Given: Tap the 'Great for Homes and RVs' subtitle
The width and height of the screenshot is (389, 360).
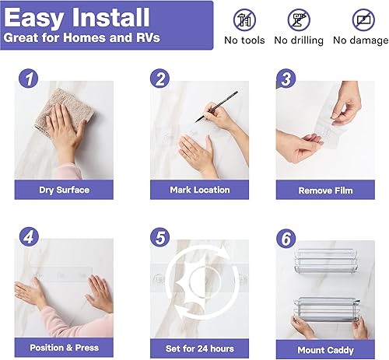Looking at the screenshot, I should (x=82, y=37).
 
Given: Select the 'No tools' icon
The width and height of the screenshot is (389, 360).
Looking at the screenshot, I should (x=244, y=19).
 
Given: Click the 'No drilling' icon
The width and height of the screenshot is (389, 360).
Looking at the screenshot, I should (x=299, y=19).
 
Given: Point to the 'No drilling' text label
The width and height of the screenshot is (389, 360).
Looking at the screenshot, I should (x=299, y=40).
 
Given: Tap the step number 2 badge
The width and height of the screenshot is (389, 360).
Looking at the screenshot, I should (x=160, y=79).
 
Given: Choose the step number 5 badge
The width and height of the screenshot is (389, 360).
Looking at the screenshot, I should (x=160, y=236).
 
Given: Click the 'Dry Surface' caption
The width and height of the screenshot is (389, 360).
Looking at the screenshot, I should (x=64, y=190).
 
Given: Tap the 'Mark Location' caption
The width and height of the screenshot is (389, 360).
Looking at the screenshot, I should (x=199, y=190).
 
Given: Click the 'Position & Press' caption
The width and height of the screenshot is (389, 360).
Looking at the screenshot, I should (x=64, y=348).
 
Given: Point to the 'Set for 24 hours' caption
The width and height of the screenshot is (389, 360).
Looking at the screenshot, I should (x=199, y=348).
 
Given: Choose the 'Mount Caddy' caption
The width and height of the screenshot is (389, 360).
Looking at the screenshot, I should (x=325, y=350).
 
